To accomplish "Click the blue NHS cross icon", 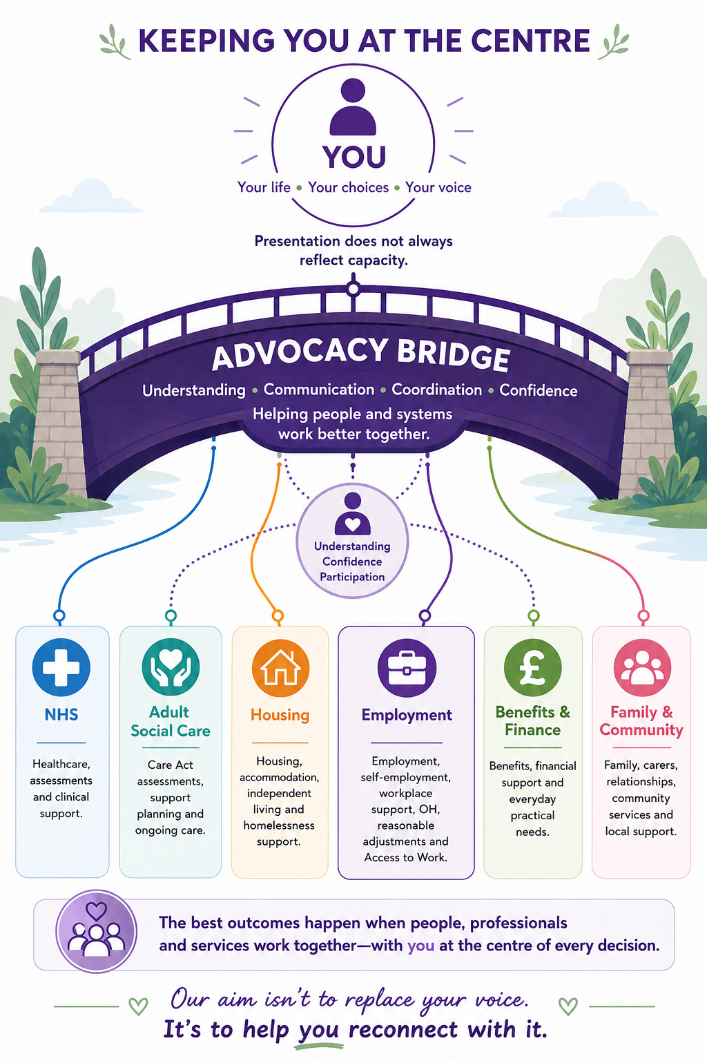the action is [61, 667].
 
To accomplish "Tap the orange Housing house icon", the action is [280, 667].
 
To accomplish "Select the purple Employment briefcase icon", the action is [406, 668].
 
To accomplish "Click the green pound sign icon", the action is [533, 667].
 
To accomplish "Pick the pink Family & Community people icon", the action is [642, 667].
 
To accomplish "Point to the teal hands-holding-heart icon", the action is [171, 667].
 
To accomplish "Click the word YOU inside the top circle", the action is [354, 157].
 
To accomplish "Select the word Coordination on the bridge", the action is [436, 390].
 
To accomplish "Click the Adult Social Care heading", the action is [171, 721].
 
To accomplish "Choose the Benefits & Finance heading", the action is [533, 720].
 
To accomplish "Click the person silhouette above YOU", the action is [353, 107].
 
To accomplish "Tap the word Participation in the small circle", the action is [352, 577].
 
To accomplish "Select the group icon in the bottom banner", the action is [97, 931].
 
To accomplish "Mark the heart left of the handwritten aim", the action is [138, 1006].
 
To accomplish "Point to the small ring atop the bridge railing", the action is [353, 289].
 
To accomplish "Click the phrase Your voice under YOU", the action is [438, 188].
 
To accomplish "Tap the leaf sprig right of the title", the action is [613, 41].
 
